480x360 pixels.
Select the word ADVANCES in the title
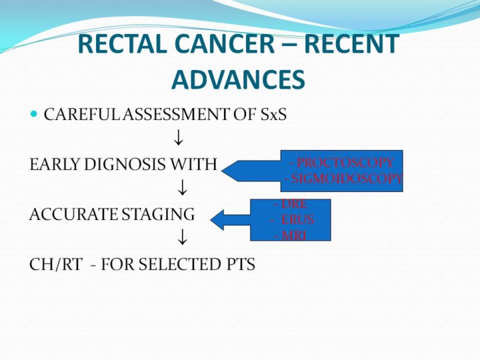(238, 79)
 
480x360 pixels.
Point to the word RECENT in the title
(351, 44)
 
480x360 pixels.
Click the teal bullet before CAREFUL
(34, 115)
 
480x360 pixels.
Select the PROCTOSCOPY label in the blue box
(345, 163)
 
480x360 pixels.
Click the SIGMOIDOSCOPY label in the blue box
(344, 178)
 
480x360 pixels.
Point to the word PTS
(241, 265)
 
